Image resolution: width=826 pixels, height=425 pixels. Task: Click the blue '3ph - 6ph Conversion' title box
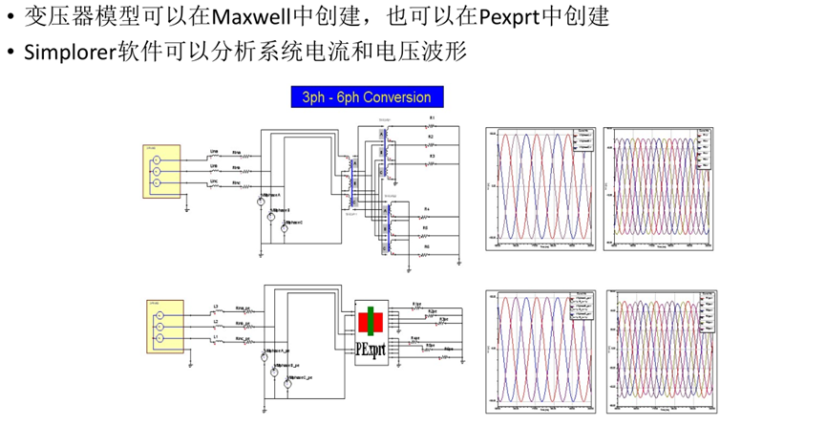pos(367,97)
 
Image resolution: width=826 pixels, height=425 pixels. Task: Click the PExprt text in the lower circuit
pos(371,347)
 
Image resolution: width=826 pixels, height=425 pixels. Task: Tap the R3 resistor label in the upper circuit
pos(432,156)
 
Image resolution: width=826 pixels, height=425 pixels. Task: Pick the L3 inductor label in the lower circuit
pos(216,307)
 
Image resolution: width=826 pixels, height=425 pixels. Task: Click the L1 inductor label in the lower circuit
pos(216,337)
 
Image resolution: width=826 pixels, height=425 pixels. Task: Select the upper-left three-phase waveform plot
pos(541,186)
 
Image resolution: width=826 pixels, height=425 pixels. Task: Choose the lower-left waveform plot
pos(541,351)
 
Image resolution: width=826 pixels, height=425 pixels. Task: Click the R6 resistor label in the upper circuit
pos(428,246)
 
